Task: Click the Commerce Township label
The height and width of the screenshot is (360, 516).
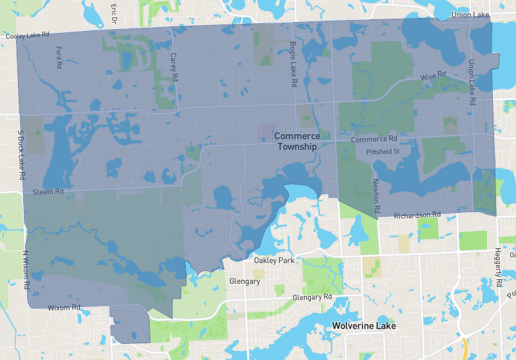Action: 297,141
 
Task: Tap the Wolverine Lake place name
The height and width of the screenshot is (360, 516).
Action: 362,326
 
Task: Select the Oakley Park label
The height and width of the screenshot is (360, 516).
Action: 274,261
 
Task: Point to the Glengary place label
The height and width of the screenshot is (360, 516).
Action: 244,281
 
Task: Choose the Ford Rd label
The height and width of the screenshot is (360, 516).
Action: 59,57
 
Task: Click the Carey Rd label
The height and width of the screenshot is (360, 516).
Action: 173,67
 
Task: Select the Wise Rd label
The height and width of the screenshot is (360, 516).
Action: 433,77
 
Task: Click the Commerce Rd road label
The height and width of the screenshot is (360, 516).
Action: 374,139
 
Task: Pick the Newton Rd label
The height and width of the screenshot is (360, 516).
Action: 375,197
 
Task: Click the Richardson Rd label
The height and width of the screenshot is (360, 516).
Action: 417,215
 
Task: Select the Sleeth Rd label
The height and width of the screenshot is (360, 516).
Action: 48,192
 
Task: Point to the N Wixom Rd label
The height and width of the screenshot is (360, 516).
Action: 26,270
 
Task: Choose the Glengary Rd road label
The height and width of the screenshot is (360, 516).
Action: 312,297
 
